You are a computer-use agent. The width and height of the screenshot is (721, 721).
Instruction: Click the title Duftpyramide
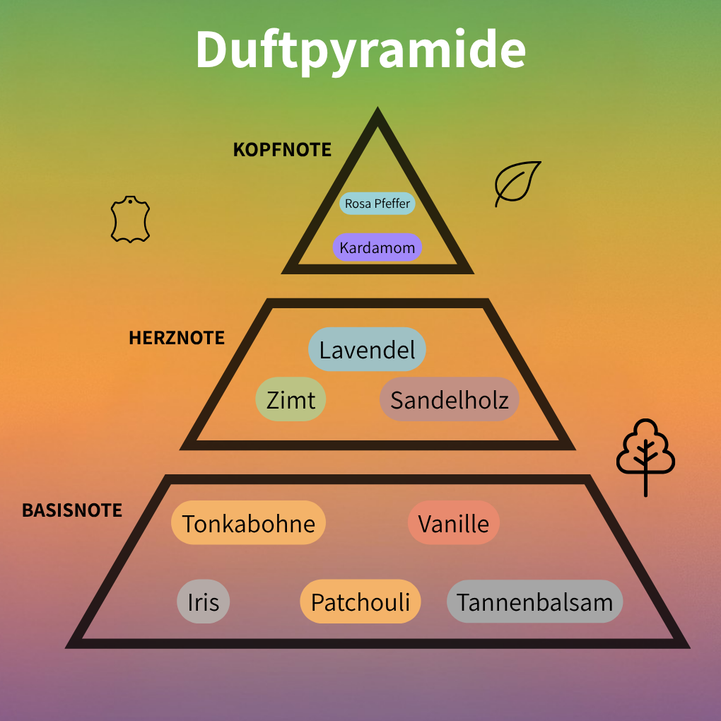(x=360, y=49)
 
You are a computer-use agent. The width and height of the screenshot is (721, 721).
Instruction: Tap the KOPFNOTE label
(x=282, y=150)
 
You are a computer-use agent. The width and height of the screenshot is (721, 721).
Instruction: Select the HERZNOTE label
(x=177, y=338)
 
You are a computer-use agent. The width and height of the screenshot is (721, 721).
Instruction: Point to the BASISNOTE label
(x=72, y=510)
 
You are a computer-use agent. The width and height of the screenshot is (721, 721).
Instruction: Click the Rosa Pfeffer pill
(x=377, y=204)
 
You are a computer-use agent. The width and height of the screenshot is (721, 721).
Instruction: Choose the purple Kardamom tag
(x=377, y=247)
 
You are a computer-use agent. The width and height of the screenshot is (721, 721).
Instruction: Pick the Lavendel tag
(x=367, y=349)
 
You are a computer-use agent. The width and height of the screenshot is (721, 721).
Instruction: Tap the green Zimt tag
(x=291, y=399)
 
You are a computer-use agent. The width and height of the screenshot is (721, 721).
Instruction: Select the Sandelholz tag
(x=450, y=399)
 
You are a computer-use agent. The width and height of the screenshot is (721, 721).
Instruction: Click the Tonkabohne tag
(x=248, y=522)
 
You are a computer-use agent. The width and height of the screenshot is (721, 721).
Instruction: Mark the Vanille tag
(x=453, y=522)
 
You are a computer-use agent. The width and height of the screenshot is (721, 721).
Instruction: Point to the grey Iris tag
(x=204, y=602)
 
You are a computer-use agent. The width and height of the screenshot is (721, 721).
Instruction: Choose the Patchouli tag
(x=360, y=602)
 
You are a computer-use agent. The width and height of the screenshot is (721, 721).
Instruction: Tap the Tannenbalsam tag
(x=535, y=602)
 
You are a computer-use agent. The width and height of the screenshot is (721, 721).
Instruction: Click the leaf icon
(x=517, y=184)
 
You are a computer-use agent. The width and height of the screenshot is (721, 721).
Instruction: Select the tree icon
(x=645, y=457)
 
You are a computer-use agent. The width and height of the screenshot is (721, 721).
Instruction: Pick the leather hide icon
(x=130, y=219)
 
